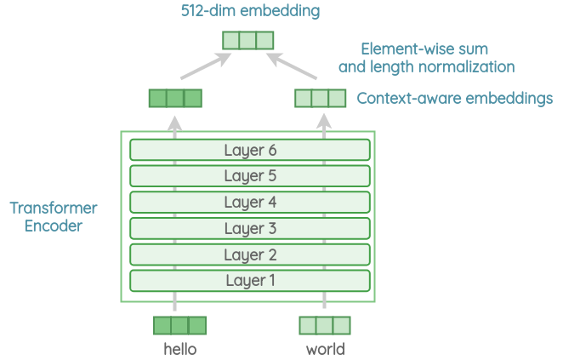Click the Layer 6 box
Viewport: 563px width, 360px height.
[250, 151]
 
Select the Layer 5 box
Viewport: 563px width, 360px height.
[250, 176]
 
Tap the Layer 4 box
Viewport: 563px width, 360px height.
[250, 203]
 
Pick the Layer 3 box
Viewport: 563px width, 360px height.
[250, 228]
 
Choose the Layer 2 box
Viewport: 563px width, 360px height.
[250, 254]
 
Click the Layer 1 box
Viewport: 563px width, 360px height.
[250, 280]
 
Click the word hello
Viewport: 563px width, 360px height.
[179, 349]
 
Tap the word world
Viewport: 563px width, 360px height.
[325, 349]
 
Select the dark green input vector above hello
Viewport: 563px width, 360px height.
[179, 325]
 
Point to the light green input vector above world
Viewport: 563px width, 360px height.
[325, 325]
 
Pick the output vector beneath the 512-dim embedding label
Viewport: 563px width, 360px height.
[248, 40]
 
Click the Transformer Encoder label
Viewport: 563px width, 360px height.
[54, 217]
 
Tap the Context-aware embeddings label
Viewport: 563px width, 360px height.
[454, 99]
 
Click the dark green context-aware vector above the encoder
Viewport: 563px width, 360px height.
[175, 98]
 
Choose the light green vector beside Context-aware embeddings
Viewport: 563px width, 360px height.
[321, 98]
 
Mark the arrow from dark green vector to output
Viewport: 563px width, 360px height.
[204, 71]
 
